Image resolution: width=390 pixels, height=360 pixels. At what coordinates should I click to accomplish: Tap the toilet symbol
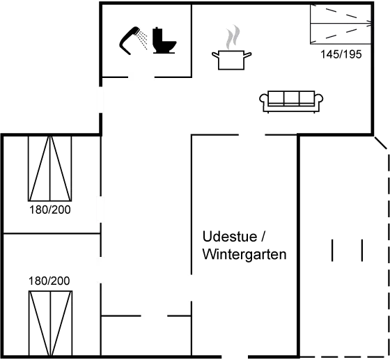pos(164,40)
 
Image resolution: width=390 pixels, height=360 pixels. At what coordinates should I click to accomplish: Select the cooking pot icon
pos(231,60)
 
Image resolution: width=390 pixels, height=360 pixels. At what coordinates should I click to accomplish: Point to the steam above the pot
pos(233,37)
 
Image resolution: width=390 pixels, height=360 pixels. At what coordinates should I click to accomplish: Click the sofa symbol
pos(291,102)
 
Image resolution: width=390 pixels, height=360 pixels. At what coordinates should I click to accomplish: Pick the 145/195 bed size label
pos(341,54)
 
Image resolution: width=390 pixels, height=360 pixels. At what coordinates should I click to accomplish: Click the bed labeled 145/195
pos(341,24)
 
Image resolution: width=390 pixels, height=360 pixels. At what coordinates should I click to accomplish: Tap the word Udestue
pos(230,237)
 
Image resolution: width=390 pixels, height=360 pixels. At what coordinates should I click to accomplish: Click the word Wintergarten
pos(244,254)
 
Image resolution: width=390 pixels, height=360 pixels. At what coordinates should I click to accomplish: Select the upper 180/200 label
pos(50,210)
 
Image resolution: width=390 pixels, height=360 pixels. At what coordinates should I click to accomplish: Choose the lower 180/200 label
pos(49,281)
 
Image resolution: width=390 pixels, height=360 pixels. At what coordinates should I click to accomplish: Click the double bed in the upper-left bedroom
pos(49,169)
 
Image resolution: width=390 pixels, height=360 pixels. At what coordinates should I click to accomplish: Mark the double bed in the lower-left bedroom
pos(50,323)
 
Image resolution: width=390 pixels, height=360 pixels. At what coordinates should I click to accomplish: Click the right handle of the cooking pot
pos(248,55)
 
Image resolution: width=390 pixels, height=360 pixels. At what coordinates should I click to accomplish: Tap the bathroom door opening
pos(141,77)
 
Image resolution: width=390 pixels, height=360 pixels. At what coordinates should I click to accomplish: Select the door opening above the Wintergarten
pos(251,135)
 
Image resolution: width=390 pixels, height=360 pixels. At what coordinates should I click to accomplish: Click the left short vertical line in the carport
pos(332,251)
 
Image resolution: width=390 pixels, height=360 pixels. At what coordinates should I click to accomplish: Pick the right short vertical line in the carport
pos(362,251)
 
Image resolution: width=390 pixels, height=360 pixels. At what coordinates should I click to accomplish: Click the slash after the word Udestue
pos(263,237)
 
